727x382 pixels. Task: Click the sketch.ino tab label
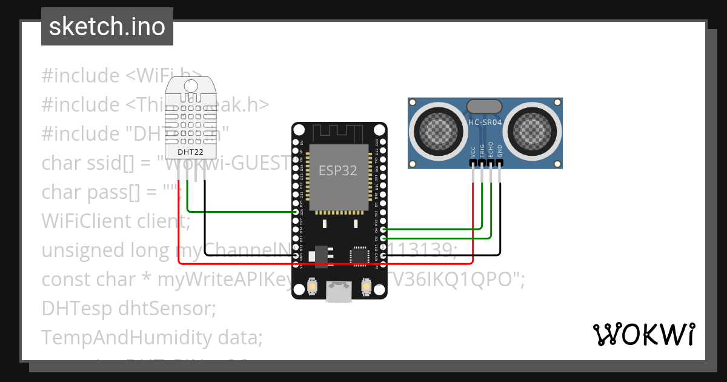click(x=107, y=27)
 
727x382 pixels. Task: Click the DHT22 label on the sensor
click(x=190, y=151)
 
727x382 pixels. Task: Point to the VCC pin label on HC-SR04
click(x=473, y=152)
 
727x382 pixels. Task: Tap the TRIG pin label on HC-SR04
click(x=482, y=151)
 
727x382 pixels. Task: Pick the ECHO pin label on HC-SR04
click(x=491, y=151)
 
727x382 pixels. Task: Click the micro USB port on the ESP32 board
click(x=338, y=292)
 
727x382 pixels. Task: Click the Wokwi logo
click(x=643, y=334)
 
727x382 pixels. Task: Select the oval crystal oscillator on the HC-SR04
click(x=484, y=107)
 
